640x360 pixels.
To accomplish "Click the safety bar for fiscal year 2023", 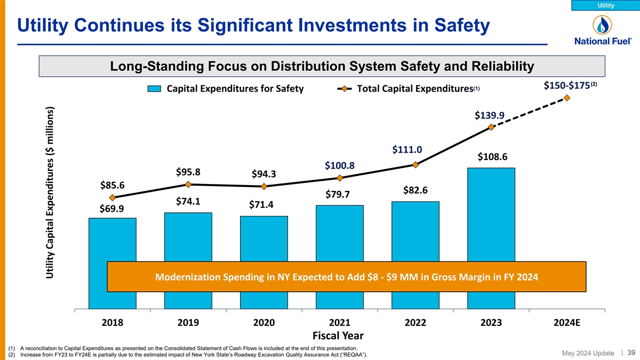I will click(x=491, y=213).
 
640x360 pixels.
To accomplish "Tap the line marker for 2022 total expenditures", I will click(x=415, y=165).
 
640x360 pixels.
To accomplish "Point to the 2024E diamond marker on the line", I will click(x=567, y=98).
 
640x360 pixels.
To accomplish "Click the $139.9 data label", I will click(x=489, y=116).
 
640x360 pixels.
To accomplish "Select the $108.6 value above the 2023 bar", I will click(x=492, y=157).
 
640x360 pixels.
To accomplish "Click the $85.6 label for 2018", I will click(x=112, y=186).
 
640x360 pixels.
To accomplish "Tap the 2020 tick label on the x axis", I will click(x=264, y=322).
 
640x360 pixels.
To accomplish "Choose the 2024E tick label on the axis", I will click(x=567, y=322).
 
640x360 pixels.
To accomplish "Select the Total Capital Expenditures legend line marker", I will click(x=345, y=89).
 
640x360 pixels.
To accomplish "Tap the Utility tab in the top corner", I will click(x=605, y=5).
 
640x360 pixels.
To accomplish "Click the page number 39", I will click(x=630, y=353).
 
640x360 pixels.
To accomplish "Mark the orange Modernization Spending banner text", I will click(x=346, y=277).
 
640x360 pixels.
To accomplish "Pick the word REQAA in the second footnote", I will click(x=353, y=355).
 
